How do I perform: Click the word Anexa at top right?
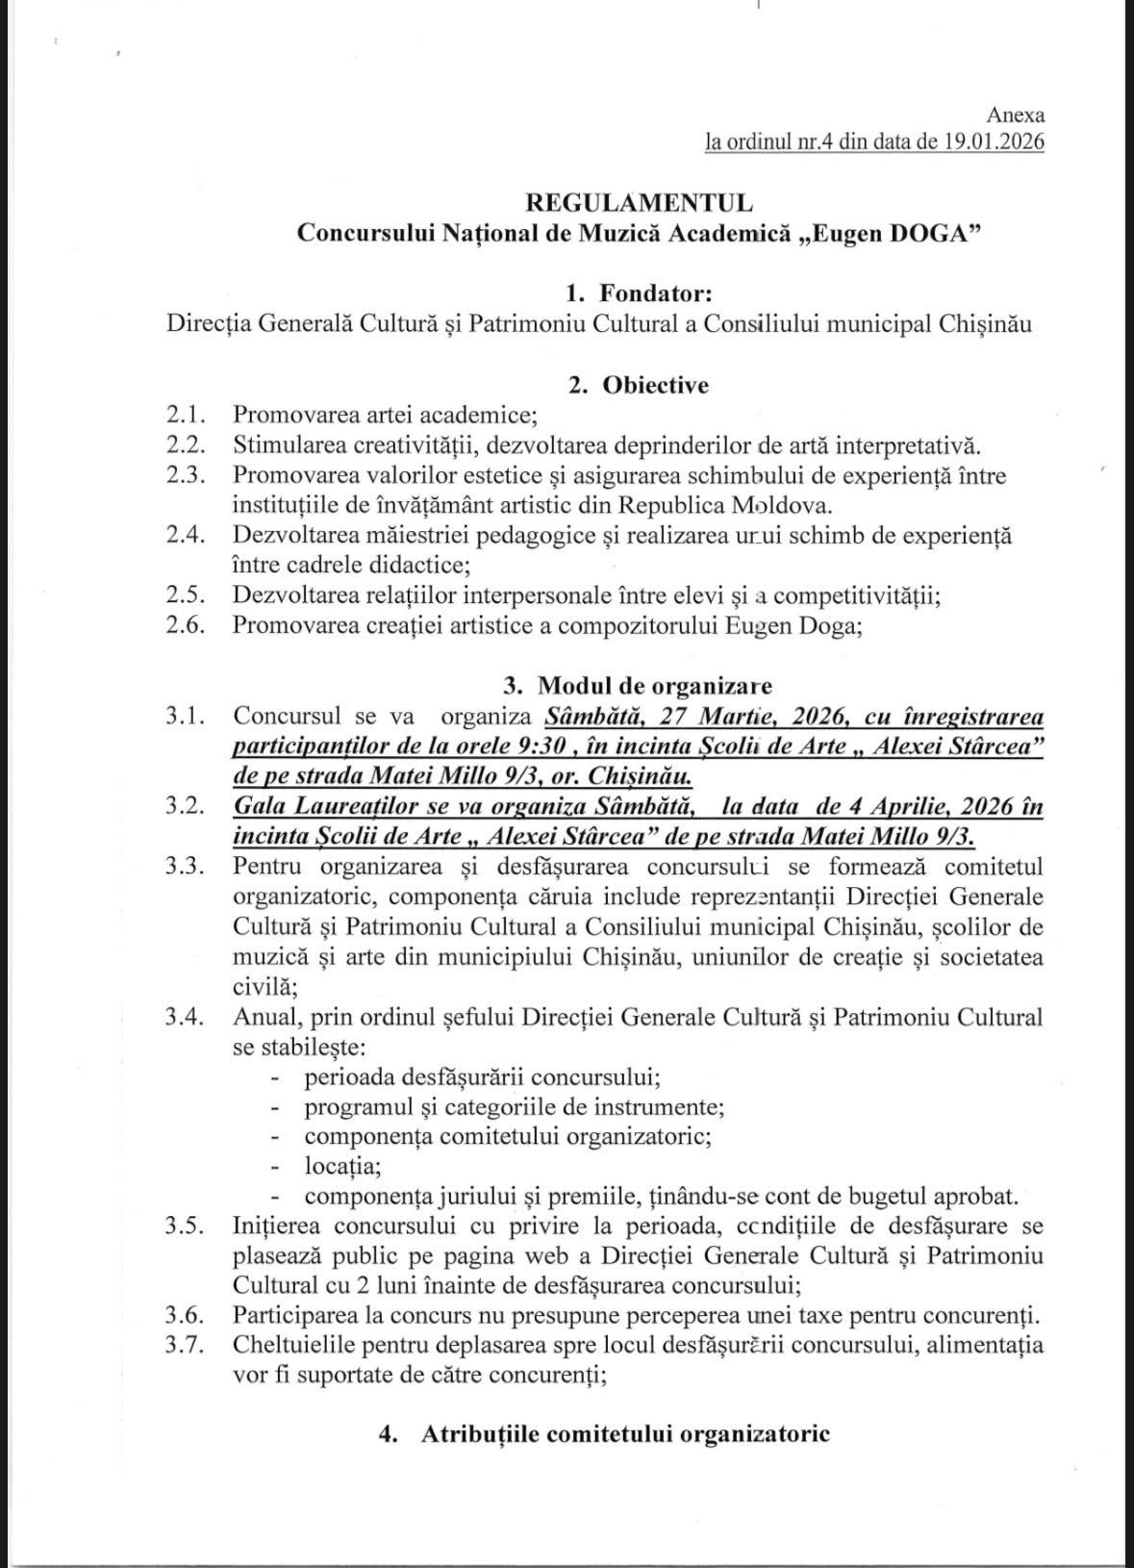tap(1021, 116)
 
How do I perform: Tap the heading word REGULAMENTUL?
tap(639, 203)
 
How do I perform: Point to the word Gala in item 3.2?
tap(260, 806)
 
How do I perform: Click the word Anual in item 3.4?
tap(261, 1017)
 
